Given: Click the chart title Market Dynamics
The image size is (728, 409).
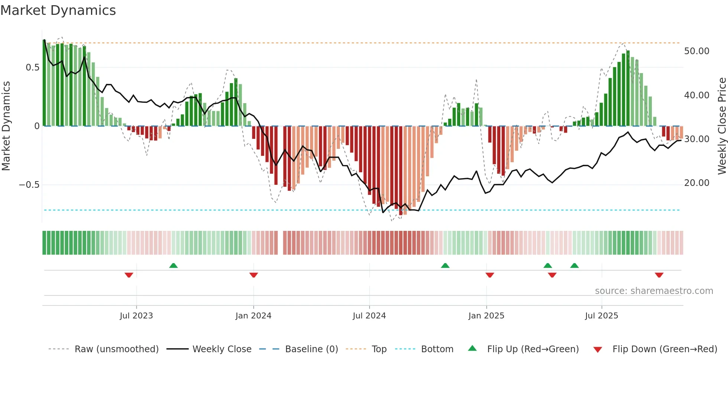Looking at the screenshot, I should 58,10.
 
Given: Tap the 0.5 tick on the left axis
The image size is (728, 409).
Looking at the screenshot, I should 32,68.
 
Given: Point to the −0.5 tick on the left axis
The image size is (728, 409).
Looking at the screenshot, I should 29,185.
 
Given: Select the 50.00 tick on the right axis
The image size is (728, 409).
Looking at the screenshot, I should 696,51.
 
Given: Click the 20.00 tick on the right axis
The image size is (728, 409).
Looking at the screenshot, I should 696,183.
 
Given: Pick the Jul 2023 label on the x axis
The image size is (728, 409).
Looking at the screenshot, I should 136,316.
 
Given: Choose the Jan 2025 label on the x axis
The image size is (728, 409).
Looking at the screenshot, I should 486,316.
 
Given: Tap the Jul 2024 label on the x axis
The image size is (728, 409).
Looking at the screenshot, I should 369,316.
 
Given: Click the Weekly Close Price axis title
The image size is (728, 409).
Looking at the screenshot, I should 722,126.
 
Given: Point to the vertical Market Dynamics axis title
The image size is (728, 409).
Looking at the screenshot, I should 6,126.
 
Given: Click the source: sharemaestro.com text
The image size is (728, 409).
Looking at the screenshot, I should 654,291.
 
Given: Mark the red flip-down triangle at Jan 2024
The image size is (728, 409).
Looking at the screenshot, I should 254,275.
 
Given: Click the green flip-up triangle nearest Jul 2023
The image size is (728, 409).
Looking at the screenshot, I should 173,265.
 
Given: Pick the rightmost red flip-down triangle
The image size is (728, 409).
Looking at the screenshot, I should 659,275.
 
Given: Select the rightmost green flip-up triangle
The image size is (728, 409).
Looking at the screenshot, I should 575,265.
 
